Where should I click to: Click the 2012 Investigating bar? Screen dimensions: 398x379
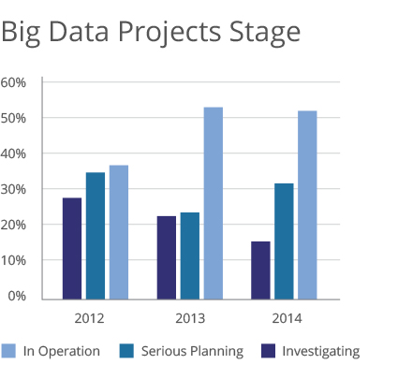(x=72, y=249)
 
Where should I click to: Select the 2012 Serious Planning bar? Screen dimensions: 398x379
(x=96, y=236)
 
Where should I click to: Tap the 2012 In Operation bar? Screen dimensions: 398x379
(x=119, y=232)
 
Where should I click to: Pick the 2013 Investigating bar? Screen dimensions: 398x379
(x=167, y=257)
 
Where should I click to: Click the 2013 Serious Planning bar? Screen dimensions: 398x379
(x=190, y=256)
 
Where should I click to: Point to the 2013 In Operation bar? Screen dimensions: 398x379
(x=214, y=203)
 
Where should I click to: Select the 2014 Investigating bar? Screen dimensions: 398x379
(x=260, y=270)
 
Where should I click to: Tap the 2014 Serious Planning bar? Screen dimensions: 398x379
(x=284, y=241)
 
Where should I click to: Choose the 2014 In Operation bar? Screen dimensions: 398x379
(x=307, y=205)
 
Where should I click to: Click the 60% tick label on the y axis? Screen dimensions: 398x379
(x=13, y=82)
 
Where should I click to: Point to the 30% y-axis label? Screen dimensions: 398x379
(x=13, y=189)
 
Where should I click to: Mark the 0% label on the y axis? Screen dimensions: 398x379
(x=17, y=296)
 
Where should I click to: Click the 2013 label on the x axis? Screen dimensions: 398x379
(x=190, y=318)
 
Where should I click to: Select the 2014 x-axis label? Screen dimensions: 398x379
(x=287, y=318)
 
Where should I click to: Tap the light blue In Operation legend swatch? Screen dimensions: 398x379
(x=8, y=351)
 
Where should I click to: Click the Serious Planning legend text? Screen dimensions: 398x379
(x=192, y=351)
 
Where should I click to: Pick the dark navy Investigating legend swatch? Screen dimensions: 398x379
(x=269, y=351)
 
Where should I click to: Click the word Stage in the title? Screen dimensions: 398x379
(x=265, y=33)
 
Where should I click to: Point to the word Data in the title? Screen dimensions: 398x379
(x=79, y=32)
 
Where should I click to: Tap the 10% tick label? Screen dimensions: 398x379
(x=13, y=260)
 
